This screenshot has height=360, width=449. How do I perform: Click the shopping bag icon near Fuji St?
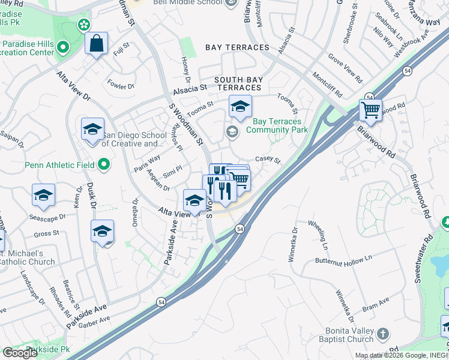[x=96, y=44]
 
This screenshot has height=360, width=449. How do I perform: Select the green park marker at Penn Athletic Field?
[x=104, y=164]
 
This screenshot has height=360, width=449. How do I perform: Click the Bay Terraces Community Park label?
[x=277, y=125]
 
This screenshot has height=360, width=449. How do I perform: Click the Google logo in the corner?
[x=20, y=353]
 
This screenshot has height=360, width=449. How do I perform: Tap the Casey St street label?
[x=268, y=160]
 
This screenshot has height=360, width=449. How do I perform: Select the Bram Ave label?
[x=376, y=303]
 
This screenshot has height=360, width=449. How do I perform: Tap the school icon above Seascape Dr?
[x=43, y=194]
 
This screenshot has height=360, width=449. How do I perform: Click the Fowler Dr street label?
[x=121, y=86]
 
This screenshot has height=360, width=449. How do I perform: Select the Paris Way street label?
[x=147, y=163]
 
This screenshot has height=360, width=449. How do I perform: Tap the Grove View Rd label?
[x=345, y=68]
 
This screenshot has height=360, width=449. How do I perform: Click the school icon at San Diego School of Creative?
[x=92, y=130]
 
